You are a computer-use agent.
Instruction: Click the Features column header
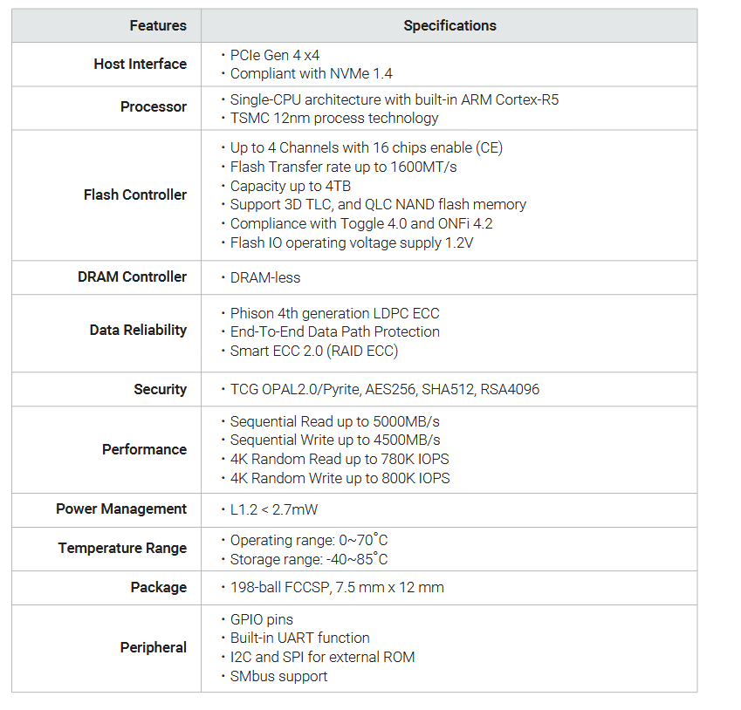(x=157, y=26)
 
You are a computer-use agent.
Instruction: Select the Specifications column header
(x=449, y=26)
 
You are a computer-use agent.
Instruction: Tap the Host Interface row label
(x=140, y=64)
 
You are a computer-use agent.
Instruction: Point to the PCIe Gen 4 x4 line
(x=275, y=55)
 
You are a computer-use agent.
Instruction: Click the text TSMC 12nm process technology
(x=333, y=118)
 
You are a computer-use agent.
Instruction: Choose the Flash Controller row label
(x=134, y=195)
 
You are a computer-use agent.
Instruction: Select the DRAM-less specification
(x=264, y=277)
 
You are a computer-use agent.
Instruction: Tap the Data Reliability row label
(x=138, y=330)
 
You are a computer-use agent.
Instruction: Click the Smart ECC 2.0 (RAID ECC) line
(x=312, y=351)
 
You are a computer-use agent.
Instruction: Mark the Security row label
(x=160, y=389)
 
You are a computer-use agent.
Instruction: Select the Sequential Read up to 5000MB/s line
(x=334, y=421)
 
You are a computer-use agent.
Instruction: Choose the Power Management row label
(x=121, y=509)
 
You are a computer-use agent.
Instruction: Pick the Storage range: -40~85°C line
(x=308, y=559)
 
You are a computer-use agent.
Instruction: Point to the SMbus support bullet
(x=278, y=676)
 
